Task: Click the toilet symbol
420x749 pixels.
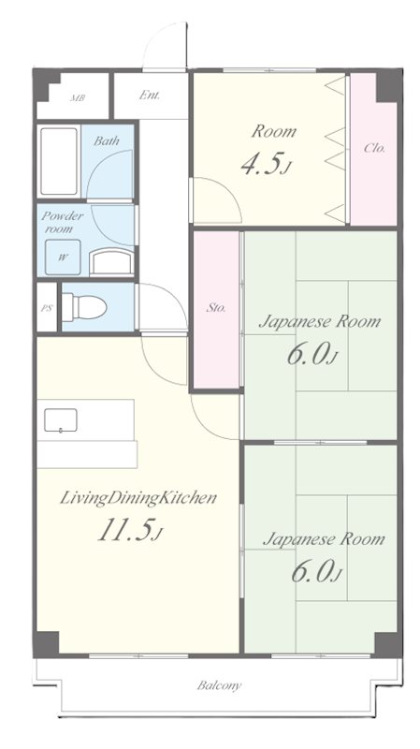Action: coord(83,307)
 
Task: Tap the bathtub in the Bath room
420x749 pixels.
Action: coord(59,161)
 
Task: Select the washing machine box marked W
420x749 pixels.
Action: coord(63,257)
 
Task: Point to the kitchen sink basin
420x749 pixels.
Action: coord(61,420)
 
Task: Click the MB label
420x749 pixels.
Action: coord(78,98)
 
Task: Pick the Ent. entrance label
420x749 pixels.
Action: coord(150,95)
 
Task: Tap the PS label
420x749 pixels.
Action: coord(46,308)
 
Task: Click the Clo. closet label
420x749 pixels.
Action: coord(374,148)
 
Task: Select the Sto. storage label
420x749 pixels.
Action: coord(216,308)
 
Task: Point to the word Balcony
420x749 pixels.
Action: coord(219,686)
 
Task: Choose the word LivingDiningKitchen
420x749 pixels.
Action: coord(138,498)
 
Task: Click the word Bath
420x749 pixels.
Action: coord(107,141)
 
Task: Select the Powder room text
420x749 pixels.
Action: coord(62,222)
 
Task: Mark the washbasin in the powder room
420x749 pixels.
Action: coord(111,262)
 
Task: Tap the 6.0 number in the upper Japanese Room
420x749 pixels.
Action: coord(309,354)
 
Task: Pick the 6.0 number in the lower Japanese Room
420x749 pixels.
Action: coord(313,571)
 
